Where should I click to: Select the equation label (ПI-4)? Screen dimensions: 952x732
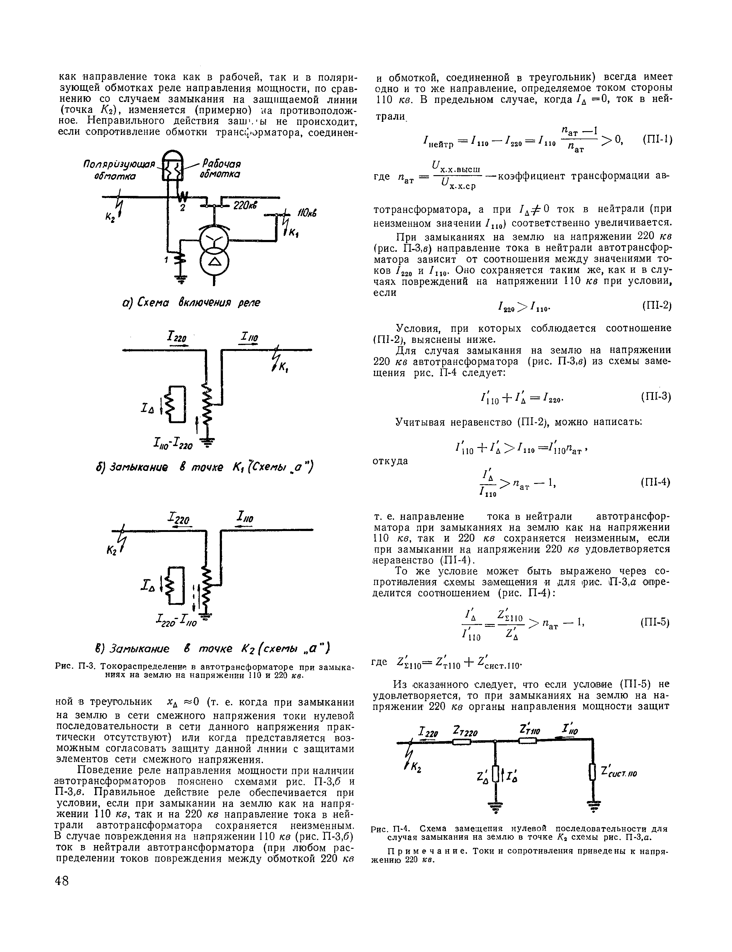coord(655,482)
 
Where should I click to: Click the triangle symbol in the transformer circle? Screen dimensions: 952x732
coord(214,263)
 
